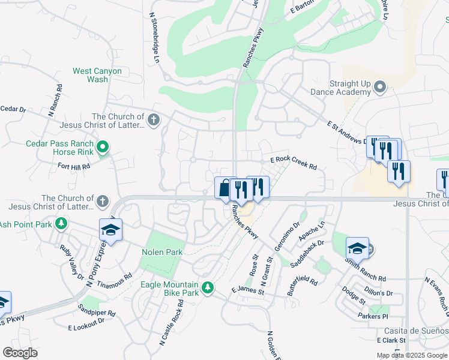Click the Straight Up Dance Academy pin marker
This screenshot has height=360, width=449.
[x=379, y=88]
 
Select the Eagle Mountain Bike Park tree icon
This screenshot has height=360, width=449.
[x=208, y=288]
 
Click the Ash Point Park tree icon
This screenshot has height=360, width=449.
[x=61, y=224]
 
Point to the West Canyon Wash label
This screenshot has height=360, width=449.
[x=97, y=75]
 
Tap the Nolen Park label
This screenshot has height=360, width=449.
[x=161, y=253]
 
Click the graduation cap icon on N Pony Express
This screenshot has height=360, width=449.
[x=111, y=229]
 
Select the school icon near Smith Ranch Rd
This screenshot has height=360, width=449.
[x=357, y=247]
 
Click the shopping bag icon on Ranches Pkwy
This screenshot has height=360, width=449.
[x=224, y=188]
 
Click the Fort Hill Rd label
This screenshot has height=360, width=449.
[x=74, y=166]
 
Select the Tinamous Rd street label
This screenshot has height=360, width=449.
[x=114, y=280]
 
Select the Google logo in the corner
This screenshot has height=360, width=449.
[x=20, y=353]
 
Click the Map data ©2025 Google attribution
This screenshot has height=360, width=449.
[x=412, y=355]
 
